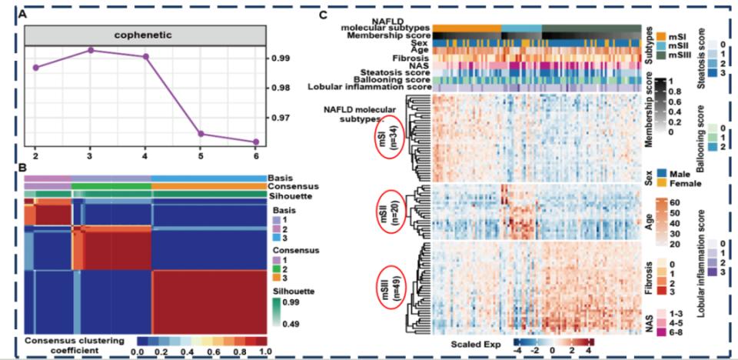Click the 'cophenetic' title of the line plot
[x=145, y=35]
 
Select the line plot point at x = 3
[x=90, y=50]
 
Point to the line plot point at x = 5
[x=201, y=134]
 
